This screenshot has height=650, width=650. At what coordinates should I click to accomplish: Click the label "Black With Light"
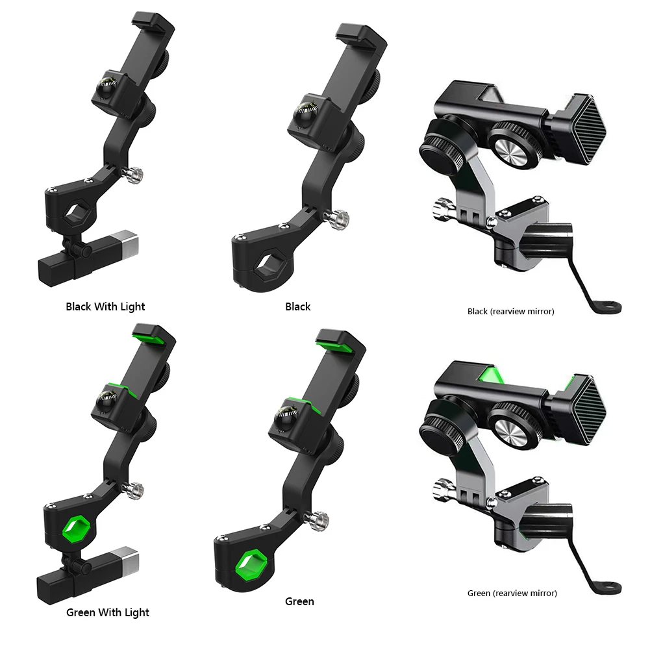(x=105, y=306)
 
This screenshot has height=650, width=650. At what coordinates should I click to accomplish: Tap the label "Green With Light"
(x=108, y=613)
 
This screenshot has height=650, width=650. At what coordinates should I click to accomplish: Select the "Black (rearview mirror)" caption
(x=510, y=311)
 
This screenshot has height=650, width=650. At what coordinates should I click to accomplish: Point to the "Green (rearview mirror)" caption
(x=512, y=594)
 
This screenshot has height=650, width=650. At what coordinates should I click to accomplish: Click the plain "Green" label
(x=299, y=601)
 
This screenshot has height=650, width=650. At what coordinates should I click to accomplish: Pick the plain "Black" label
(x=297, y=306)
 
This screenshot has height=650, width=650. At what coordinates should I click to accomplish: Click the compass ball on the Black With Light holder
(x=106, y=88)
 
